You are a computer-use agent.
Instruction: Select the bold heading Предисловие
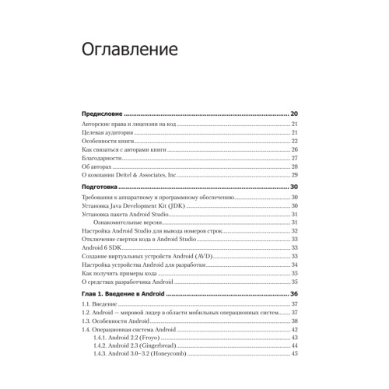(105, 114)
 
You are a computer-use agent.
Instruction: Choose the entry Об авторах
(96, 166)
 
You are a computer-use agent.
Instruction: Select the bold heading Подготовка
(103, 188)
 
